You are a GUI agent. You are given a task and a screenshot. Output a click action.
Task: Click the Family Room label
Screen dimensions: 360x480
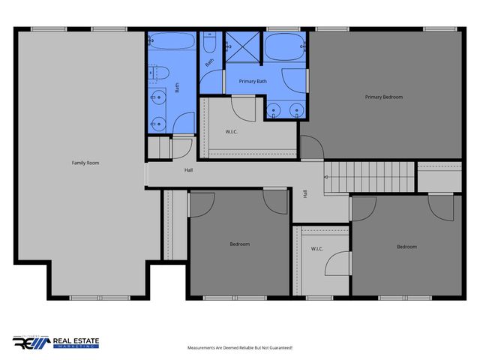coord(85,163)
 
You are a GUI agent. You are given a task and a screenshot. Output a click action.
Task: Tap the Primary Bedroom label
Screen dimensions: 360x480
coord(384,97)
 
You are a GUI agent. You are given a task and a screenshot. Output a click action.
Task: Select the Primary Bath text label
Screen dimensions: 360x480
coord(253,81)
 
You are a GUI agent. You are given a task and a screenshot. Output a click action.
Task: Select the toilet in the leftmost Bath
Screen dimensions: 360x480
coord(158,73)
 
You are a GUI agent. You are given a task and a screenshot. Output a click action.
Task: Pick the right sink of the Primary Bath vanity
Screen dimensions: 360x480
coord(297,110)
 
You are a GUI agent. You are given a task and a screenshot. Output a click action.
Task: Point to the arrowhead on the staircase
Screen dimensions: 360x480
coord(325,178)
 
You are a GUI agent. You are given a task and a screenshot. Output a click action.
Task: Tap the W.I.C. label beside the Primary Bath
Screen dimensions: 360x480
coord(232,132)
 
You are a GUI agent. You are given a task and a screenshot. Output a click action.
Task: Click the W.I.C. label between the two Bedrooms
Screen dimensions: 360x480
coord(316,249)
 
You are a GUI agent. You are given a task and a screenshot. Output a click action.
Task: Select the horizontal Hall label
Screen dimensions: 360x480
coord(190,170)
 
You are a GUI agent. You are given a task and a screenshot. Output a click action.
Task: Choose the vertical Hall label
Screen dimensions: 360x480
coord(305,193)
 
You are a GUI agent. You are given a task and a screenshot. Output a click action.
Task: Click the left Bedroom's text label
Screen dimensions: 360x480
coord(240,244)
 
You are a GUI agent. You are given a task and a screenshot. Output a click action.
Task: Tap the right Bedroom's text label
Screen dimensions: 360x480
coord(406,246)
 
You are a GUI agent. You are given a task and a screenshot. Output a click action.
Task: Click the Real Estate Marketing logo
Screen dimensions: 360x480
coord(56,343)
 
